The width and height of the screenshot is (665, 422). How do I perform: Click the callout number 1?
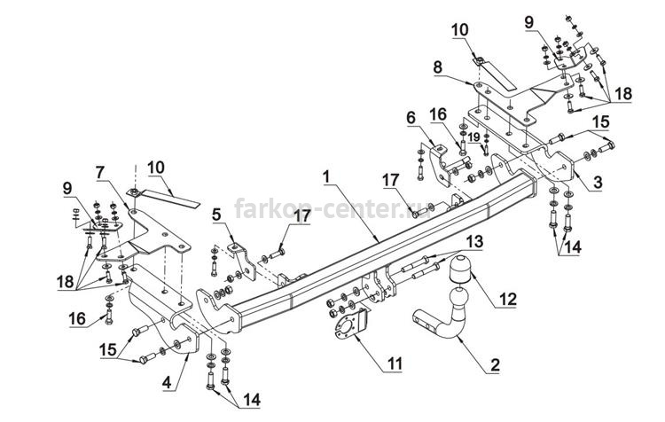coord(326,176)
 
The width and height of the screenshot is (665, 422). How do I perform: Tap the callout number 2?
coord(495,364)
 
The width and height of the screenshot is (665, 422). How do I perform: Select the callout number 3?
coord(597,183)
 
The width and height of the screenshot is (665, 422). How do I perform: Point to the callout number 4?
coord(167,382)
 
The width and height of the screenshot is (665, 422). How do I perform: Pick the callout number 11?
coord(395,363)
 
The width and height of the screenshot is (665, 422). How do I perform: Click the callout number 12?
coord(508,299)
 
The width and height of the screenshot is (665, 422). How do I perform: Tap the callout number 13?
coord(474,242)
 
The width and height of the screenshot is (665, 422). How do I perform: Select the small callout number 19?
coord(474,137)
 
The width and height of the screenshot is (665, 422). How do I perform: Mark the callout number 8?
coord(438,67)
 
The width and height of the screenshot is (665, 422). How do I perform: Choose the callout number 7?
coord(100,173)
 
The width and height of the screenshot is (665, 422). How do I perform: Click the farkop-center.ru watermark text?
coord(332,208)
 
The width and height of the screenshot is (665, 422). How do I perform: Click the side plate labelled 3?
coord(555,163)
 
